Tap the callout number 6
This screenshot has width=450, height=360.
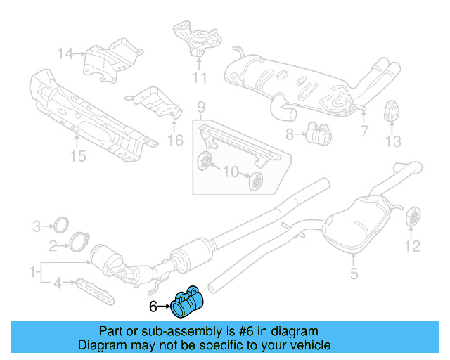[153, 307]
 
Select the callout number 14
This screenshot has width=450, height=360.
[65, 53]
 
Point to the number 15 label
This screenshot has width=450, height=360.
[78, 156]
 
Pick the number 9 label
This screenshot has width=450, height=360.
[200, 107]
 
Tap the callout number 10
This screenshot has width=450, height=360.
[231, 172]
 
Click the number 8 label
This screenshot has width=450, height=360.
[290, 132]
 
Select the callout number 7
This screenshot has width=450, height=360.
[364, 131]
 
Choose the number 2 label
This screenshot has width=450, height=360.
[53, 245]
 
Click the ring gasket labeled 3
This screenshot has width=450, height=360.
[62, 225]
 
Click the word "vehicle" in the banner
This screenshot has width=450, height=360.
[309, 345]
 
